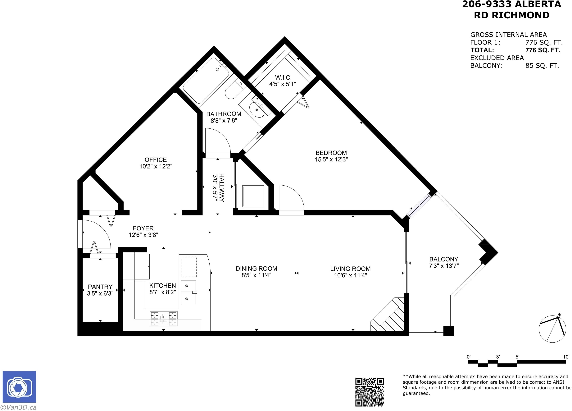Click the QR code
[x=370, y=392]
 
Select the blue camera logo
[x=19, y=387]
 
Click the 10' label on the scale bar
[x=566, y=357]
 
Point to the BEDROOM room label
[x=331, y=153]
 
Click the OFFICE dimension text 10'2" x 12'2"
[x=156, y=166]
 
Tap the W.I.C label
[x=283, y=77]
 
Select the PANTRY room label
[x=100, y=287]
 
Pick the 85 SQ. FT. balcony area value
[x=542, y=66]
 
